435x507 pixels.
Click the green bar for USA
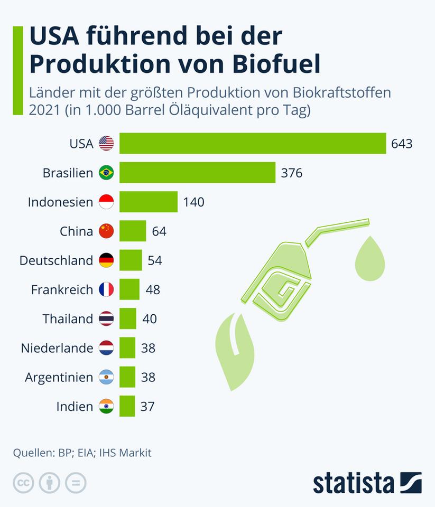pos(253,144)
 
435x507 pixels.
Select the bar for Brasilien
pos(197,173)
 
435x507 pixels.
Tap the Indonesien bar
pos(149,202)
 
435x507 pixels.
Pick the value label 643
pos(402,144)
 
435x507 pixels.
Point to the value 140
pos(193,202)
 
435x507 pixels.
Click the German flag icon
pos(106,260)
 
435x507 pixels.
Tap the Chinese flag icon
pos(106,231)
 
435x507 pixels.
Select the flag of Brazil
pos(106,173)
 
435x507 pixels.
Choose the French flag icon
pos(106,289)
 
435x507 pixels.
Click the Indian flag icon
pos(106,406)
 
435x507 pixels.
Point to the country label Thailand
pos(68,319)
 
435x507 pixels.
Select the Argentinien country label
pos(59,378)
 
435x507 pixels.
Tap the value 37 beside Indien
pos(148,406)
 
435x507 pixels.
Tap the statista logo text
pos(354,483)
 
